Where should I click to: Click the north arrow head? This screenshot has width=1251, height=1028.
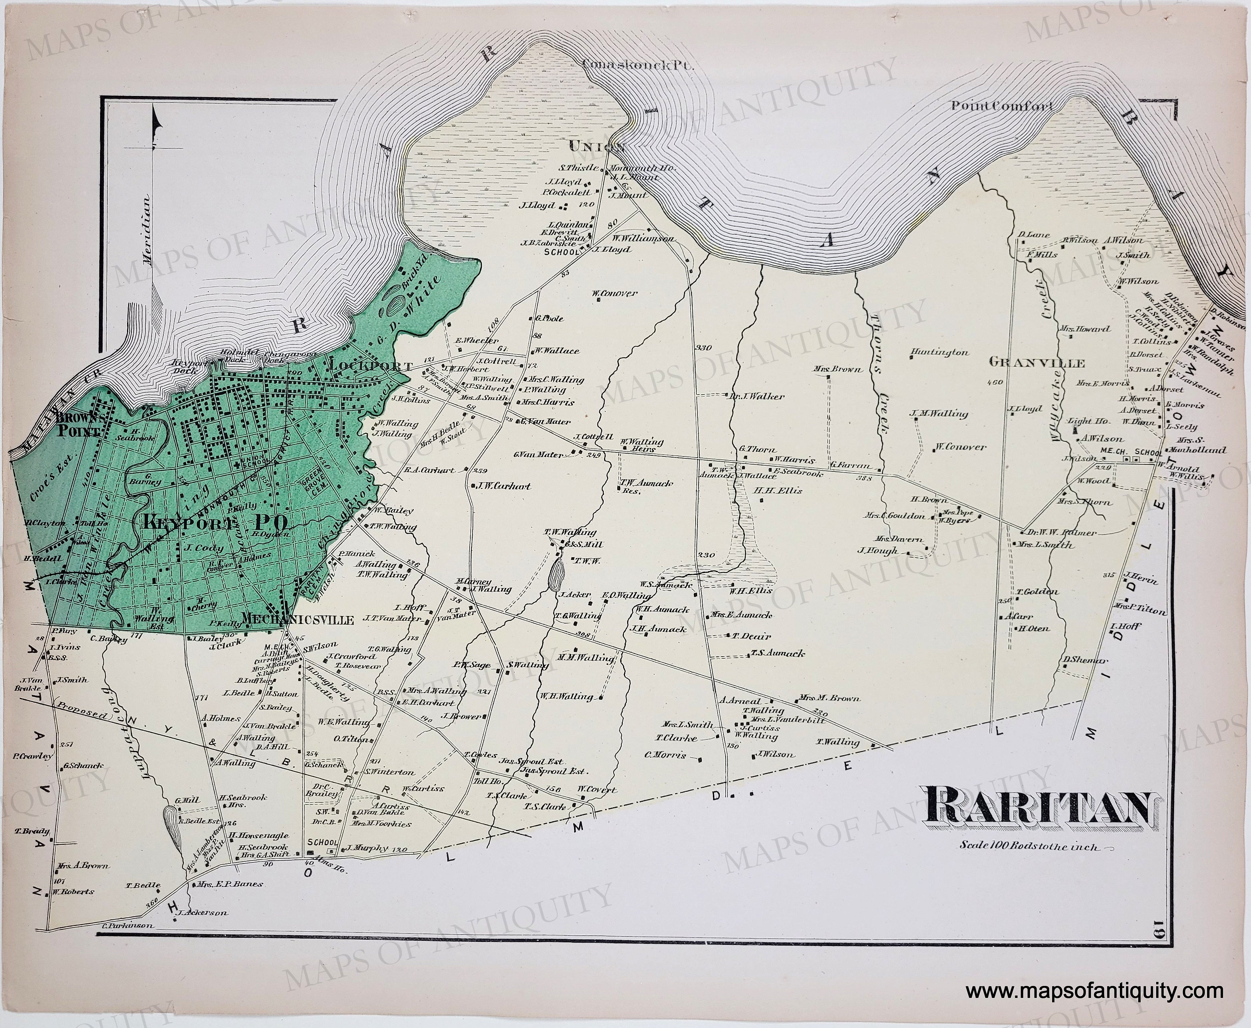[156, 123]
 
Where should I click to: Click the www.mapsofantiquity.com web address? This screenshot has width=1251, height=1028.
[1094, 990]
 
